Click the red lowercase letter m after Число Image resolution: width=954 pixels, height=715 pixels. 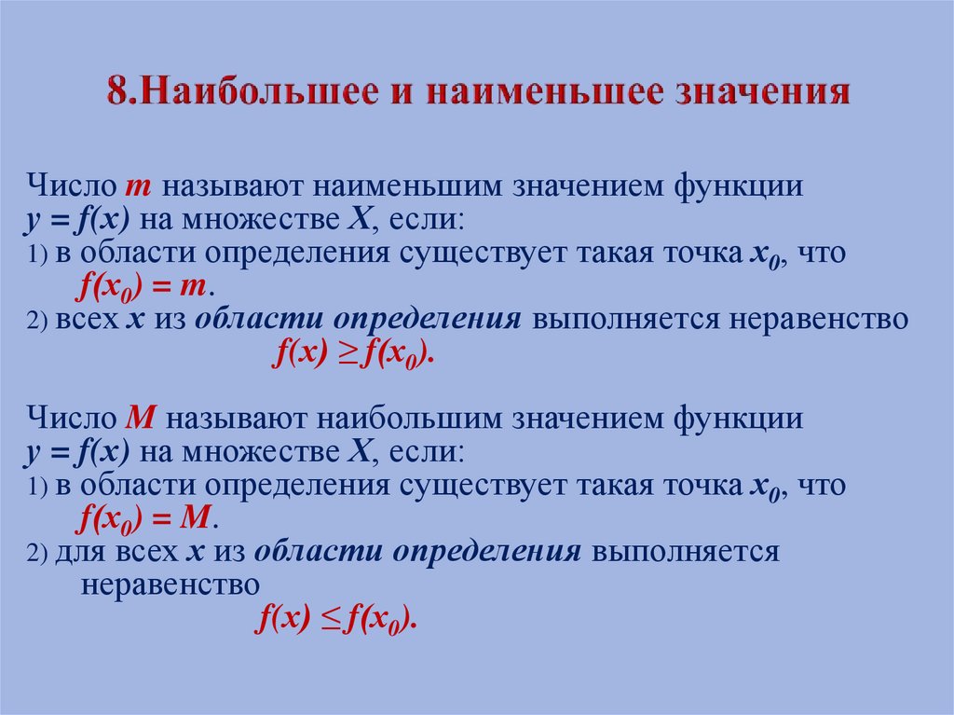pyautogui.click(x=137, y=186)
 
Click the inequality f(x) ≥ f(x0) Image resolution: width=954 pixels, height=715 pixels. pyautogui.click(x=352, y=353)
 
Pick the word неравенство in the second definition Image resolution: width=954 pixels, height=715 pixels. pyautogui.click(x=170, y=585)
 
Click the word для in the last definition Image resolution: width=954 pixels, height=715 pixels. pyautogui.click(x=80, y=552)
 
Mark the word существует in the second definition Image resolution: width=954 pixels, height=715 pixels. pyautogui.click(x=500, y=486)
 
